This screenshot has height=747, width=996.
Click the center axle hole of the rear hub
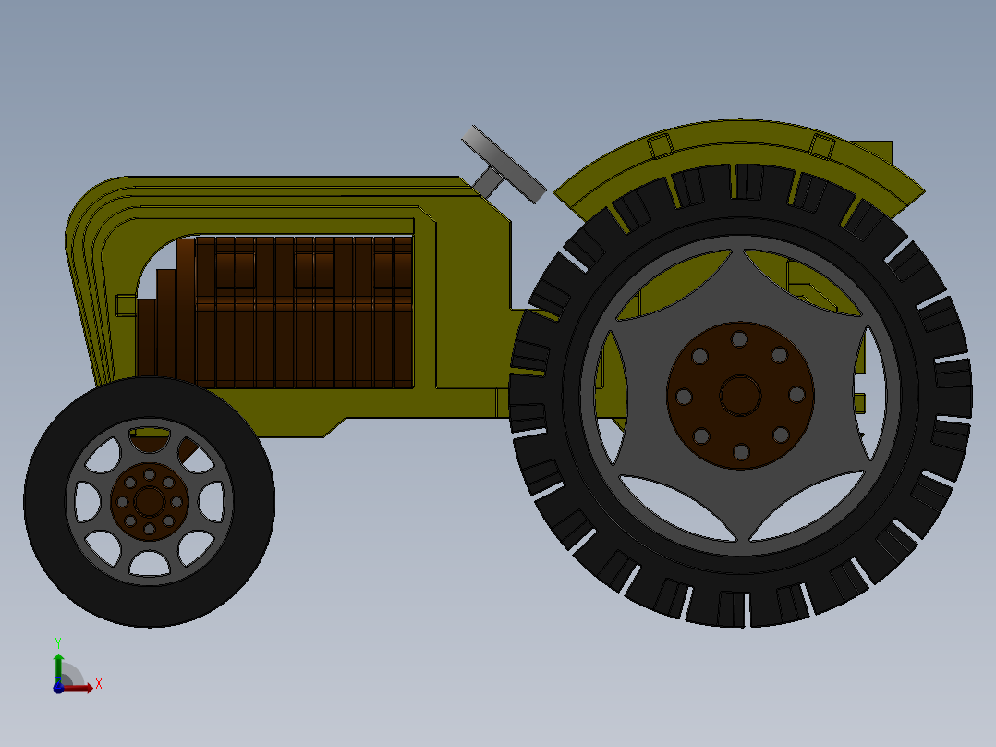tap(740, 395)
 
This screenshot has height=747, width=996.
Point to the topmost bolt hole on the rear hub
tap(739, 339)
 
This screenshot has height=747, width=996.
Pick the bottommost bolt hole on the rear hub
tap(741, 452)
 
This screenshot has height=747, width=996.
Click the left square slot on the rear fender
tap(659, 146)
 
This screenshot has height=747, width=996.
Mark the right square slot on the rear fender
tap(822, 145)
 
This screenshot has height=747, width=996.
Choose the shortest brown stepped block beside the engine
tap(145, 337)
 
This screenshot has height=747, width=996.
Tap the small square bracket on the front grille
tap(126, 304)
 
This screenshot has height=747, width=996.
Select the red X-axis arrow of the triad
tap(81, 687)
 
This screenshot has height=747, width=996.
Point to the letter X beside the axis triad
tap(98, 684)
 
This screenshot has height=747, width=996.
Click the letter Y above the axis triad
tap(58, 642)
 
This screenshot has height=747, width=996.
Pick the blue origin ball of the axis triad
tap(58, 688)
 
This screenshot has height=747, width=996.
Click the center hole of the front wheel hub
tap(149, 501)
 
